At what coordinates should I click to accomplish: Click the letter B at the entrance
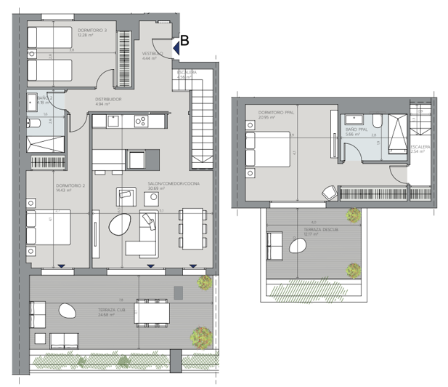pos(184,41)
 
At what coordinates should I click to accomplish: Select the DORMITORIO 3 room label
pos(91,31)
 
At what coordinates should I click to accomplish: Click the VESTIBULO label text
pos(152,53)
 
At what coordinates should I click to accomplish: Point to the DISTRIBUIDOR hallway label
pos(107,99)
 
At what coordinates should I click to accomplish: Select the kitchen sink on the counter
pos(113,121)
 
